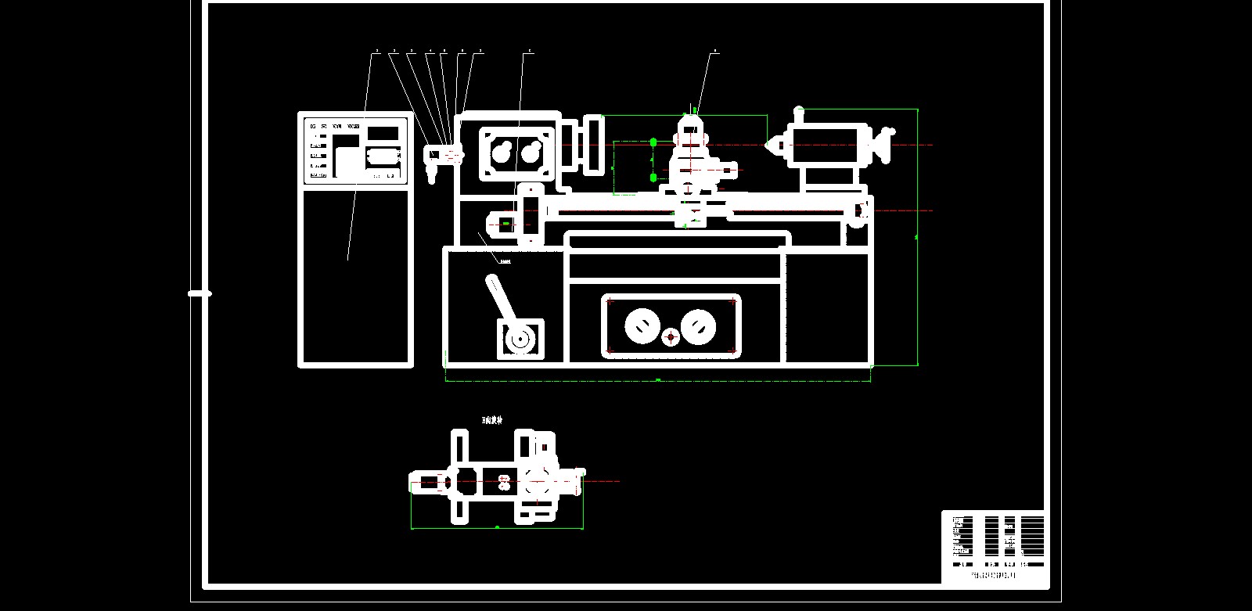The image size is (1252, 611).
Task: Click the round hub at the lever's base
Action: coord(516,340)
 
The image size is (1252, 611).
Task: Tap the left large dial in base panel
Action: coord(642,325)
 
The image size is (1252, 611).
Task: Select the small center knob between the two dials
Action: coord(670,337)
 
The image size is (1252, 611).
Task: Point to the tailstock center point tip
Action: coord(768,144)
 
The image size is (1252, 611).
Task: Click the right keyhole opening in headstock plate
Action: coord(534,151)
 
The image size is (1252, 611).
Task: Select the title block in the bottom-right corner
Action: coord(994,548)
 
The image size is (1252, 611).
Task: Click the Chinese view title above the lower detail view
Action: coord(492,421)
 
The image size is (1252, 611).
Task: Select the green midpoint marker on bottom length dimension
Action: coord(658,380)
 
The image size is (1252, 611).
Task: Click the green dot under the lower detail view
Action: coord(498,527)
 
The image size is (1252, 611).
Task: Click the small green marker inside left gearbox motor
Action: coord(506,224)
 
